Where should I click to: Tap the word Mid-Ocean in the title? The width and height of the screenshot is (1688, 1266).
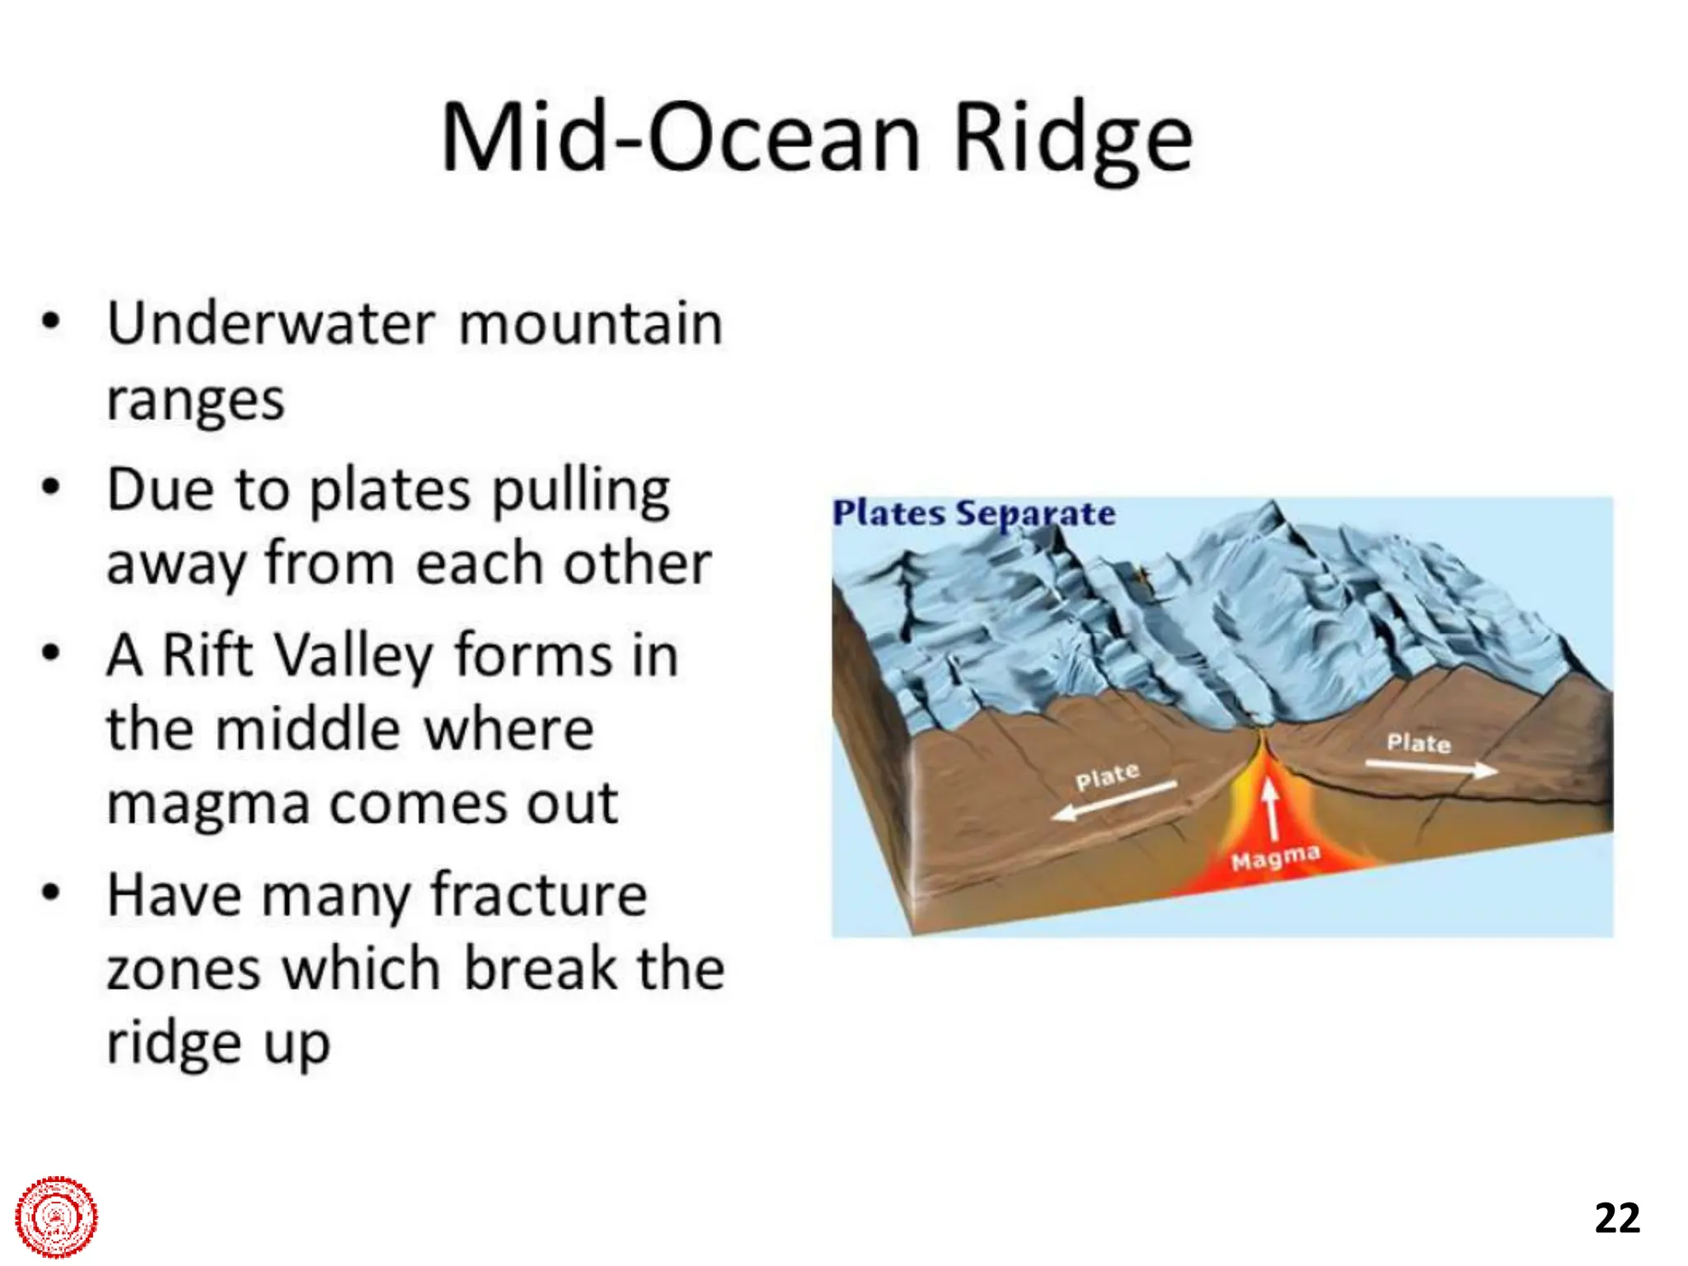tap(680, 138)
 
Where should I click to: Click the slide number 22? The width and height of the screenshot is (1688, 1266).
tap(1617, 1217)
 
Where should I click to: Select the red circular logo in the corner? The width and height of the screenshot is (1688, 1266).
tap(56, 1217)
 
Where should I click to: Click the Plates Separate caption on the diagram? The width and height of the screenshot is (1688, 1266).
tap(973, 513)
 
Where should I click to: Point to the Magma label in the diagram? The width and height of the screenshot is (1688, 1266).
tap(1275, 858)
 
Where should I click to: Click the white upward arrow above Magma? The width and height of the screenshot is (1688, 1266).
tap(1271, 808)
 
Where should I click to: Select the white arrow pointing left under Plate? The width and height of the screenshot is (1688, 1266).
tap(1114, 799)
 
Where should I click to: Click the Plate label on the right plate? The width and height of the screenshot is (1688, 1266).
tap(1418, 743)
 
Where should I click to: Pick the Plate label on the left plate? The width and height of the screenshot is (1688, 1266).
tap(1107, 776)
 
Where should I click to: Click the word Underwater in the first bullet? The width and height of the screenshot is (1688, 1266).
tap(270, 323)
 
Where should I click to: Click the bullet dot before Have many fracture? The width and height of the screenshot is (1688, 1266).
tap(51, 893)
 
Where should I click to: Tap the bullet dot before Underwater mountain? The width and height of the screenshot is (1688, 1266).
tap(51, 321)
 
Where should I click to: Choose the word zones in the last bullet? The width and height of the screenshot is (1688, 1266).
tap(183, 969)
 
